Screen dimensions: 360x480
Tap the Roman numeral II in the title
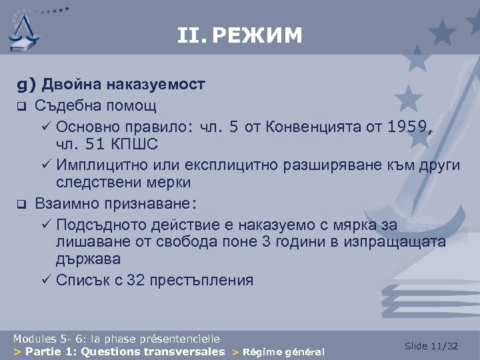click(x=192, y=35)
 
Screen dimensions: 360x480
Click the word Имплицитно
click(x=103, y=164)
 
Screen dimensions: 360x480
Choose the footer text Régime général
click(x=283, y=352)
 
